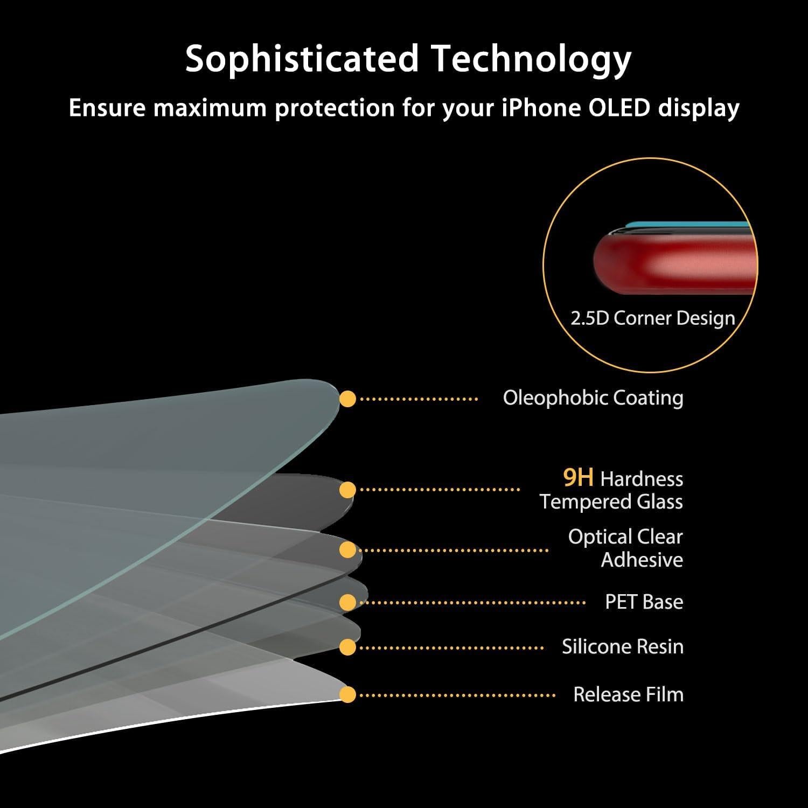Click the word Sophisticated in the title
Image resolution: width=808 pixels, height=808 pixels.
[x=302, y=58]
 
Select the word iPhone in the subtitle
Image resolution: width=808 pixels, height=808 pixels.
[x=541, y=108]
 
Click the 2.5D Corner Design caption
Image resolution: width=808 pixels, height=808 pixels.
[x=653, y=318]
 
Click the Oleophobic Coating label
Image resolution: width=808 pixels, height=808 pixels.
[x=593, y=398]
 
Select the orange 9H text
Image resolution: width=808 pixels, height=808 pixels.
[x=578, y=477]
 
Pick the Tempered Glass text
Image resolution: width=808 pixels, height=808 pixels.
[x=611, y=502]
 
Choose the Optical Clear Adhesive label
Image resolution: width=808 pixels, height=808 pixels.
[x=625, y=548]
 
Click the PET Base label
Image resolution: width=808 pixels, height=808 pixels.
[x=644, y=602]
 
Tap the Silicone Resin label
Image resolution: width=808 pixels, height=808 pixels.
[x=623, y=646]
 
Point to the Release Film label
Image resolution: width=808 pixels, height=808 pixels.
[x=628, y=694]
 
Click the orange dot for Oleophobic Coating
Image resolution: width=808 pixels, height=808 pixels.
[x=348, y=399]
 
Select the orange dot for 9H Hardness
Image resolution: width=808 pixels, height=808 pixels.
[x=348, y=490]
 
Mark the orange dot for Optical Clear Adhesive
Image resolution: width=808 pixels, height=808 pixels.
[x=348, y=550]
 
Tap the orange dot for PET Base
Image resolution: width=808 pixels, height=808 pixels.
[x=348, y=602]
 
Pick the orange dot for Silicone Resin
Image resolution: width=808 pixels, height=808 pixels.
[x=348, y=647]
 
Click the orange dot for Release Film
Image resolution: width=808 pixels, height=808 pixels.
[x=348, y=694]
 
